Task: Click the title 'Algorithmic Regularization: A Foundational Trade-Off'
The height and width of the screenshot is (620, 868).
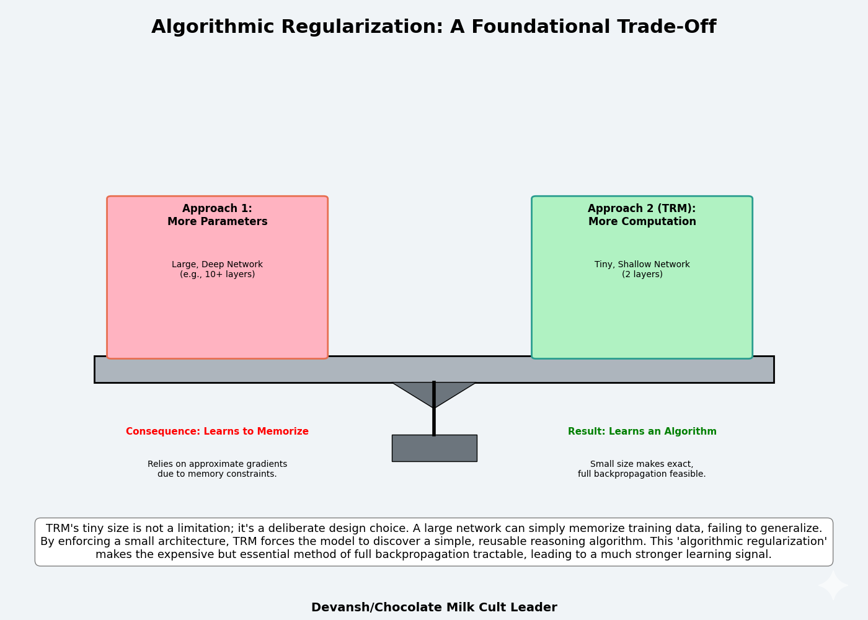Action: tap(433, 27)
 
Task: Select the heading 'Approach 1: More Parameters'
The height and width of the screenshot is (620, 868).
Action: tap(217, 215)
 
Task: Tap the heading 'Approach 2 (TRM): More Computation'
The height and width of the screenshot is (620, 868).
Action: tap(642, 215)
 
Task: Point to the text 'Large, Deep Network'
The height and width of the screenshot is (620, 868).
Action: tap(217, 265)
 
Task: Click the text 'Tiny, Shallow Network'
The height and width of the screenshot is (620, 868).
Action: tap(642, 265)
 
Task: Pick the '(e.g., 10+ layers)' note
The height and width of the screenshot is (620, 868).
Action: tap(217, 275)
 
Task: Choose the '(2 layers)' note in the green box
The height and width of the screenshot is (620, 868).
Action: tap(642, 275)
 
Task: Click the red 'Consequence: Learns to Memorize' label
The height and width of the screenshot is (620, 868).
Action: tap(217, 432)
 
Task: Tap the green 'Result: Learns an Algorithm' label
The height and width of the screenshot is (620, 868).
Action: tap(642, 432)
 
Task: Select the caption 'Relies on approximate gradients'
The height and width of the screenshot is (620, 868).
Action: tap(217, 464)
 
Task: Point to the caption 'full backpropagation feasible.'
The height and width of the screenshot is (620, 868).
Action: tap(642, 474)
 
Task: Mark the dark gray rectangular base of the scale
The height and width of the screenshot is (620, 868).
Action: tap(434, 448)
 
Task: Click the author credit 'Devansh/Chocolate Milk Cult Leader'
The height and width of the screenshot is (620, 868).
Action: tap(434, 608)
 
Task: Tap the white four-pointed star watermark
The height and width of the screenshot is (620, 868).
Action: tap(833, 585)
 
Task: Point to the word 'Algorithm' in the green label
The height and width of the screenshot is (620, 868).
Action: tap(691, 432)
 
